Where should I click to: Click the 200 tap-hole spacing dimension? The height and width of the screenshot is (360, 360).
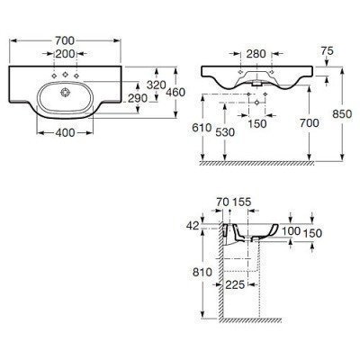pyautogui.click(x=65, y=54)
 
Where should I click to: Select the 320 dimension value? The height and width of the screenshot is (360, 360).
pyautogui.click(x=157, y=85)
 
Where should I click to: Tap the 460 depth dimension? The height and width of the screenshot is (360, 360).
pyautogui.click(x=175, y=92)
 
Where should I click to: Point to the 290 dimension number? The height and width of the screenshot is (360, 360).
pyautogui.click(x=138, y=98)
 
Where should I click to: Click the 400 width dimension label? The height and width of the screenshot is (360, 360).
pyautogui.click(x=65, y=132)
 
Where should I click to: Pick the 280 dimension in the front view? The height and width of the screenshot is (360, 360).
pyautogui.click(x=256, y=54)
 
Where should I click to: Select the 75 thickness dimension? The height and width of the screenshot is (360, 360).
pyautogui.click(x=327, y=51)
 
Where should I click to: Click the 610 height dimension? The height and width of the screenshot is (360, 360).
pyautogui.click(x=202, y=128)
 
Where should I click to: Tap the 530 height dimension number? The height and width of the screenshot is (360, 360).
pyautogui.click(x=225, y=132)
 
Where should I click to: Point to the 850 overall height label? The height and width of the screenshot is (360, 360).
pyautogui.click(x=342, y=114)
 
